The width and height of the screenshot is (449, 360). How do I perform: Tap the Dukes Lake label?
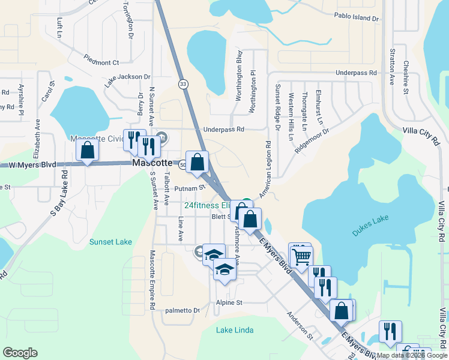pyautogui.click(x=371, y=228)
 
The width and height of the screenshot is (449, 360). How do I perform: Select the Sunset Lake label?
pyautogui.click(x=110, y=242)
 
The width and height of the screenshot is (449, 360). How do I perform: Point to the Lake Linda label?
pyautogui.click(x=235, y=330)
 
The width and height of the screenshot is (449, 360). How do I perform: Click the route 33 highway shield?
pyautogui.click(x=183, y=85)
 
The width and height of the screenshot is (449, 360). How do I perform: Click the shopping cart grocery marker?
pyautogui.click(x=301, y=257)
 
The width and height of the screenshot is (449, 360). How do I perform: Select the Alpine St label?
pyautogui.click(x=229, y=303)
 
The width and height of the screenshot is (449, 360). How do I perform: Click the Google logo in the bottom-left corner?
pyautogui.click(x=20, y=353)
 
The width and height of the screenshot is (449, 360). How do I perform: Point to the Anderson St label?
pyautogui.click(x=300, y=325)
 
